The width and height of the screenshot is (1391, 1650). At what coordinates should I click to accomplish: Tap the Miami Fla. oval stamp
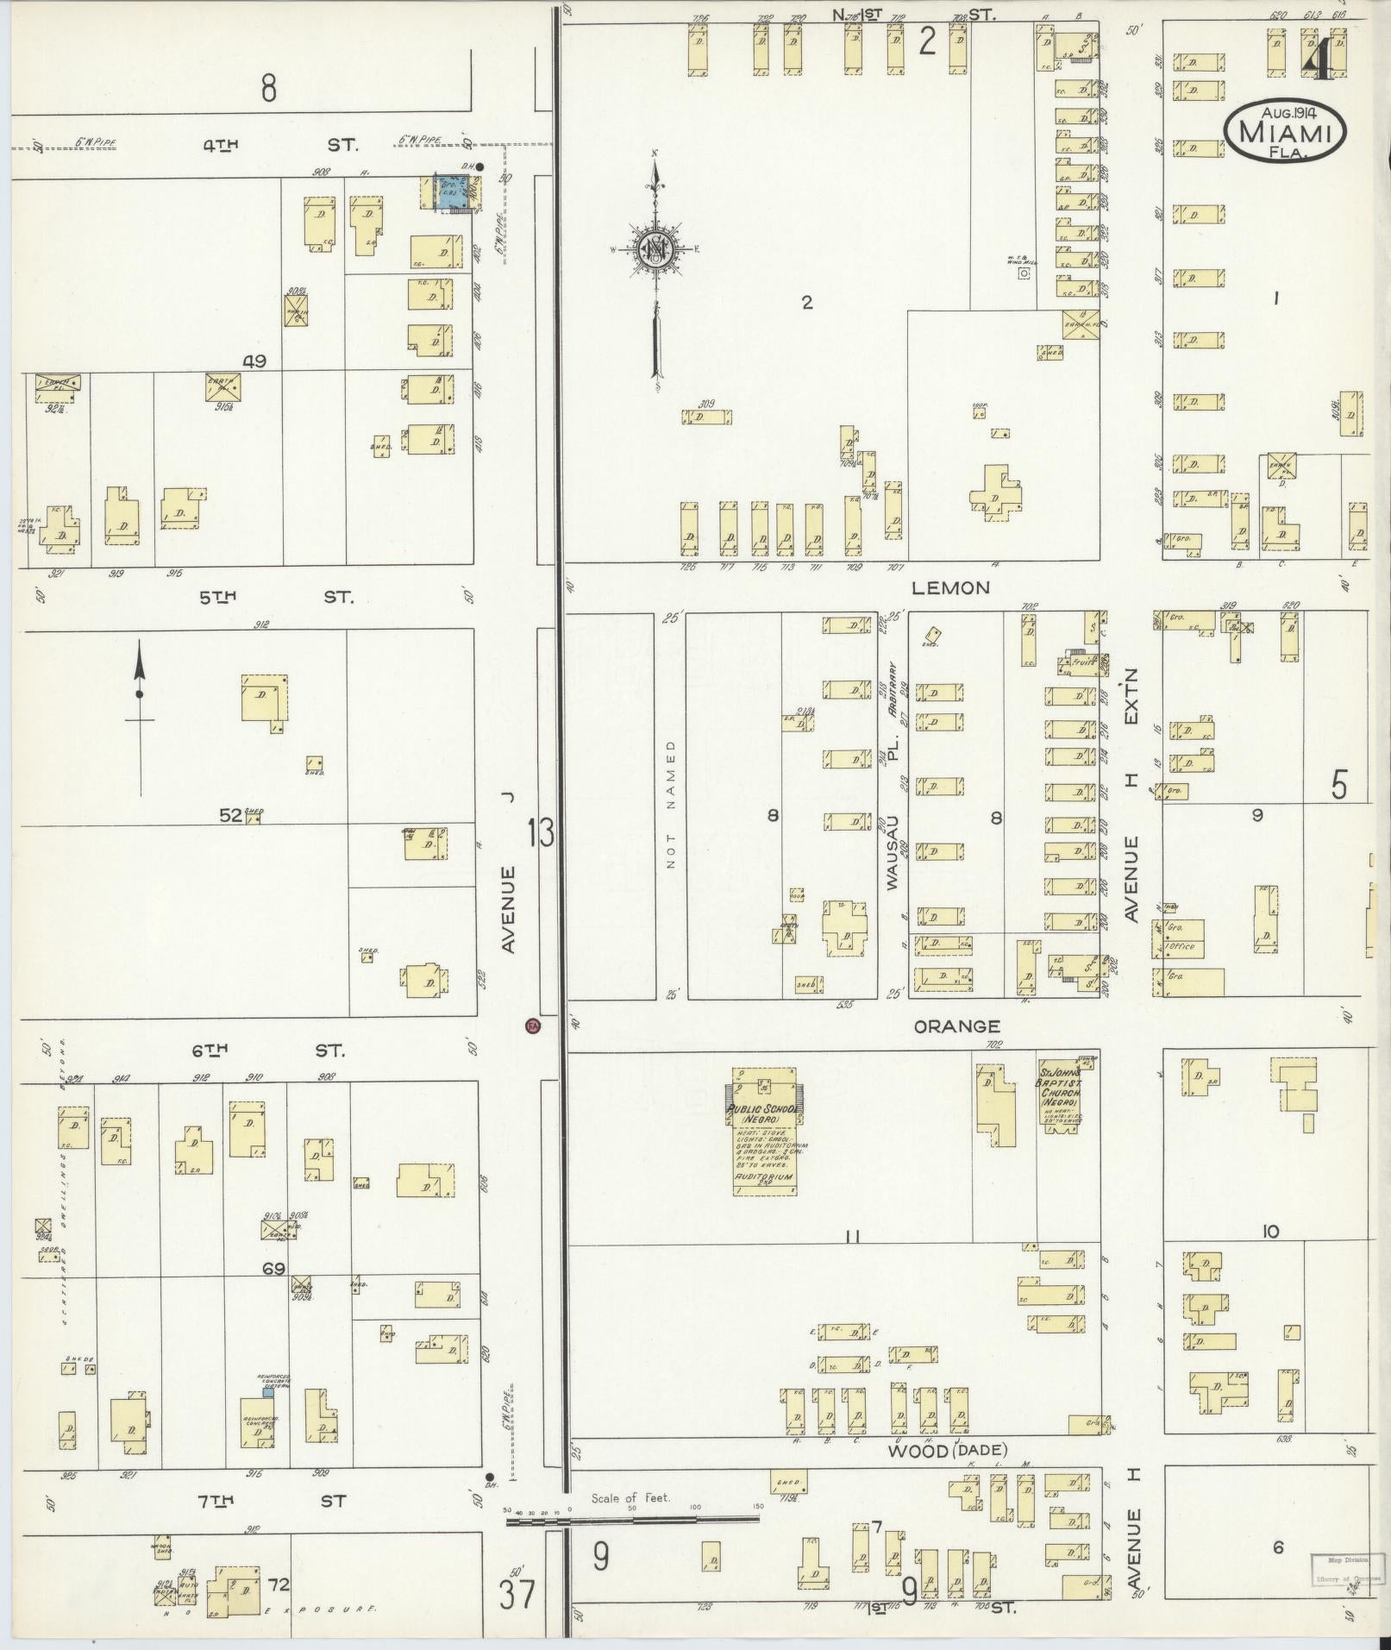tap(1285, 130)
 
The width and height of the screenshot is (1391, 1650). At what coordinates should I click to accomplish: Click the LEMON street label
tap(952, 588)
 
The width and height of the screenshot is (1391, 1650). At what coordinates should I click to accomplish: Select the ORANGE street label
tap(957, 1026)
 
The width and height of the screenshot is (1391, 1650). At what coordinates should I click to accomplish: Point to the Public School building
tap(764, 1131)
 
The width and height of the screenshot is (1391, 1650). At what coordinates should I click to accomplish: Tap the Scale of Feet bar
tap(635, 1521)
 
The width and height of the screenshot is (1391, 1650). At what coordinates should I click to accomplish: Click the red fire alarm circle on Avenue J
tap(533, 1026)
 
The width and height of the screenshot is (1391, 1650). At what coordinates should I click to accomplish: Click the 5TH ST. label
tap(276, 597)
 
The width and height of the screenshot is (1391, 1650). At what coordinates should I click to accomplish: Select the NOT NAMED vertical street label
tap(672, 803)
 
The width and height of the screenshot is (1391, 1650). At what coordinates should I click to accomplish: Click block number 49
tap(254, 361)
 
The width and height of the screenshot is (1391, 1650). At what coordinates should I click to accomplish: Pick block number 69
tap(273, 1269)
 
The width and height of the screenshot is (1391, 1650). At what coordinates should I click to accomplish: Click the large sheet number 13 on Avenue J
tap(541, 834)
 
